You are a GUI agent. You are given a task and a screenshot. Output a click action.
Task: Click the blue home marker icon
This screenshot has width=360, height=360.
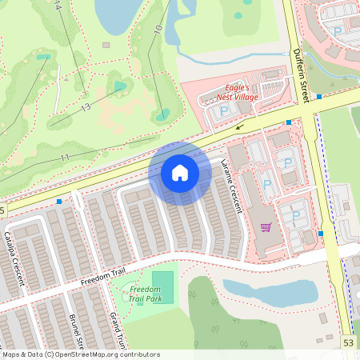[x=180, y=172]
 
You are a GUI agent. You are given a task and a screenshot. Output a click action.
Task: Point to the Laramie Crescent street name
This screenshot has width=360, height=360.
[x=231, y=186]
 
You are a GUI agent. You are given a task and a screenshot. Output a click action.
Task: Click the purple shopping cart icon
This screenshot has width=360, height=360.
[x=266, y=227]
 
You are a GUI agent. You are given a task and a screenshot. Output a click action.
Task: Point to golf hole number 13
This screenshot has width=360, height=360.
[x=85, y=107]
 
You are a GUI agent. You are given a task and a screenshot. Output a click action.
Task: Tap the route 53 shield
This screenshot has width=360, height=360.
[x=348, y=342]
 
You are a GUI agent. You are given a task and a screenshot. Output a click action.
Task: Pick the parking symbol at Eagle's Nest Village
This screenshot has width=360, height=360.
[x=224, y=110]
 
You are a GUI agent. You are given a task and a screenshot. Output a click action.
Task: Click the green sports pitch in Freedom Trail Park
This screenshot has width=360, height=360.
[x=162, y=282]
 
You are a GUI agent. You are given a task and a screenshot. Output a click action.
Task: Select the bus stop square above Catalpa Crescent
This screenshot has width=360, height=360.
[x=59, y=202]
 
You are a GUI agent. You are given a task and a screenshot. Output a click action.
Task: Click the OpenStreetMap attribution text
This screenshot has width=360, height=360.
[x=80, y=354]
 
